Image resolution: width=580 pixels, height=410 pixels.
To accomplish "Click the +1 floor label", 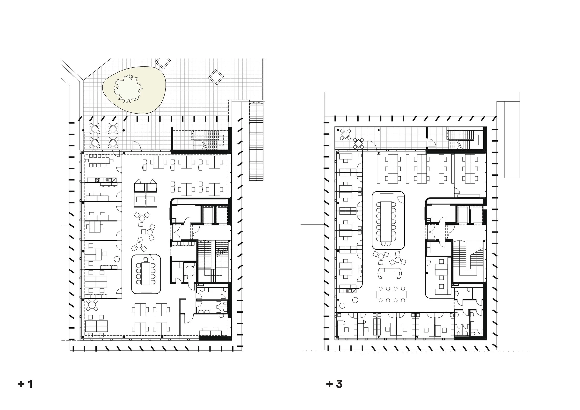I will tap(26, 384).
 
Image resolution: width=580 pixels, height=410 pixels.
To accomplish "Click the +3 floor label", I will tap(334, 384).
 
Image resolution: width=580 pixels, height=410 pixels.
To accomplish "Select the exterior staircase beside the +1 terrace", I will tap(256, 142).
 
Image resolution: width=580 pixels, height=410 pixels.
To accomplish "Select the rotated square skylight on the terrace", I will tap(216, 77).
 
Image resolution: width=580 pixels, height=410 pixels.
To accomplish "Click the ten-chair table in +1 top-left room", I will tap(99, 161).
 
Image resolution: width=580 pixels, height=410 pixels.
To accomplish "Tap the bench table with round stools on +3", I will tap(391, 294).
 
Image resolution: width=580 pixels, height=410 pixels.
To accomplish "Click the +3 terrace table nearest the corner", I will tap(345, 135).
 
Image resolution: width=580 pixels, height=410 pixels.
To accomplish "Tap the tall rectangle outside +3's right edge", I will tap(512, 139).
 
